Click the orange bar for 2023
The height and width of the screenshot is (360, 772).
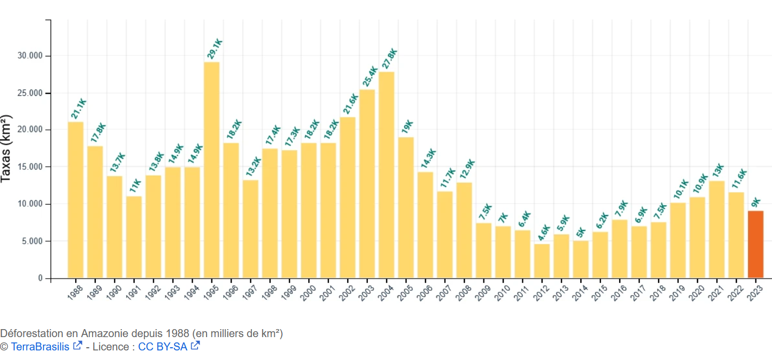click(x=755, y=244)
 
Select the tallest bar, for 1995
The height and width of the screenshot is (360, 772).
click(x=211, y=170)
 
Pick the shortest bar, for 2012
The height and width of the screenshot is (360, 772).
click(x=542, y=261)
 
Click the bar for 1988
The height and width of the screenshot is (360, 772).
click(x=76, y=200)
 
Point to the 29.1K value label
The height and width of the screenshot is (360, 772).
click(x=214, y=49)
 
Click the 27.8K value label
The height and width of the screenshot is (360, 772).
click(x=389, y=59)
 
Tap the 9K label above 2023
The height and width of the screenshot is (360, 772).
click(x=756, y=202)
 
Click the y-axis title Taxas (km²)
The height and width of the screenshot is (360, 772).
click(x=7, y=148)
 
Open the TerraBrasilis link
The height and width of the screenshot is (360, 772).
click(x=40, y=347)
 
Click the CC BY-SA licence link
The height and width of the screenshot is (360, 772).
click(x=163, y=347)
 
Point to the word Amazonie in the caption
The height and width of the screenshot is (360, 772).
click(x=109, y=334)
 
